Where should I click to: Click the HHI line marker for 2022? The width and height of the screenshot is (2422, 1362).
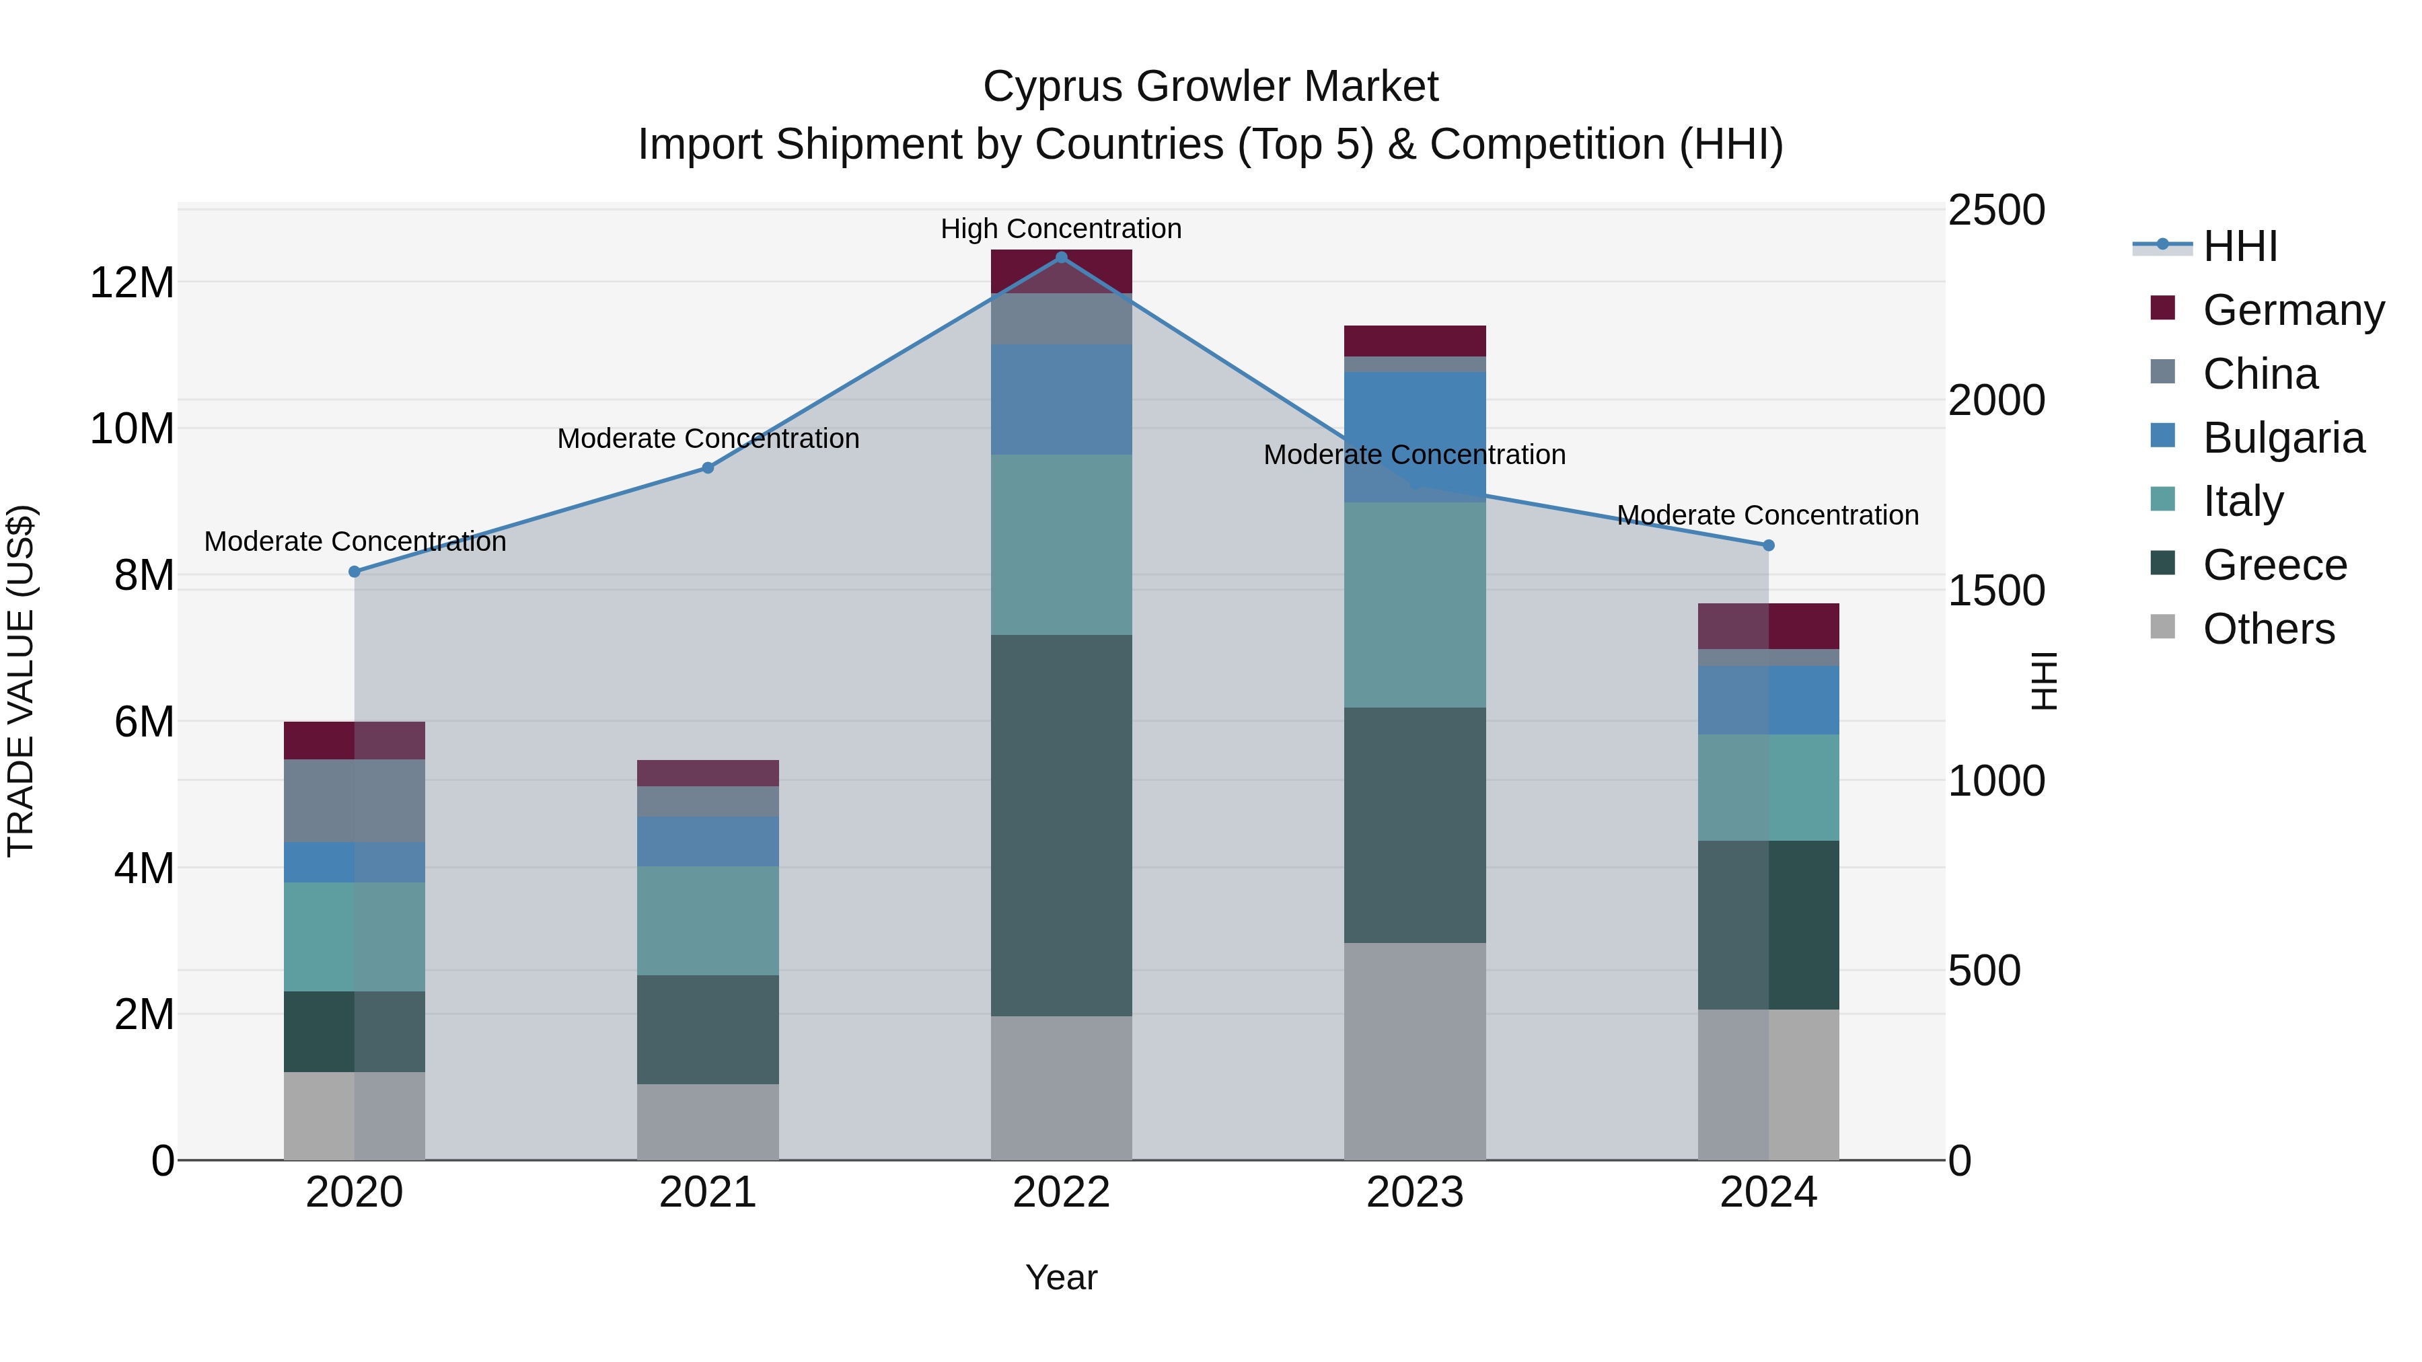pyautogui.click(x=1062, y=257)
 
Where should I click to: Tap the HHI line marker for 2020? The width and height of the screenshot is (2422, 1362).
pyautogui.click(x=355, y=572)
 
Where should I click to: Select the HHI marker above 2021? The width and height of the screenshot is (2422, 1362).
pyautogui.click(x=708, y=468)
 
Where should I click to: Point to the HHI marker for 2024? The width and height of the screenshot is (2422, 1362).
pyautogui.click(x=1769, y=545)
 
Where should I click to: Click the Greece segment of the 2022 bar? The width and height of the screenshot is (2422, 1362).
pyautogui.click(x=1062, y=825)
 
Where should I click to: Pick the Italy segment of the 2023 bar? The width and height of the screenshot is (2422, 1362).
pyautogui.click(x=1415, y=605)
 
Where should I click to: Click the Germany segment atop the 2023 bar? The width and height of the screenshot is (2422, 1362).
pyautogui.click(x=1415, y=340)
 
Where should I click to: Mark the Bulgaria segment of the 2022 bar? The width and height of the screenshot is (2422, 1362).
pyautogui.click(x=1062, y=400)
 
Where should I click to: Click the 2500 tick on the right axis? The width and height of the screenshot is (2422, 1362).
pyautogui.click(x=1995, y=211)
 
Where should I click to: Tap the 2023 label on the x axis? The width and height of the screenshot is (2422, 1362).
pyautogui.click(x=1415, y=1193)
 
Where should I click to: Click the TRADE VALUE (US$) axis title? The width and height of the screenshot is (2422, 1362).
pyautogui.click(x=21, y=681)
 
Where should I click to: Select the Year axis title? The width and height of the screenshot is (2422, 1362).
pyautogui.click(x=1062, y=1277)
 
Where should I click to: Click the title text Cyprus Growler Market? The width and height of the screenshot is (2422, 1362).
pyautogui.click(x=1210, y=87)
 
